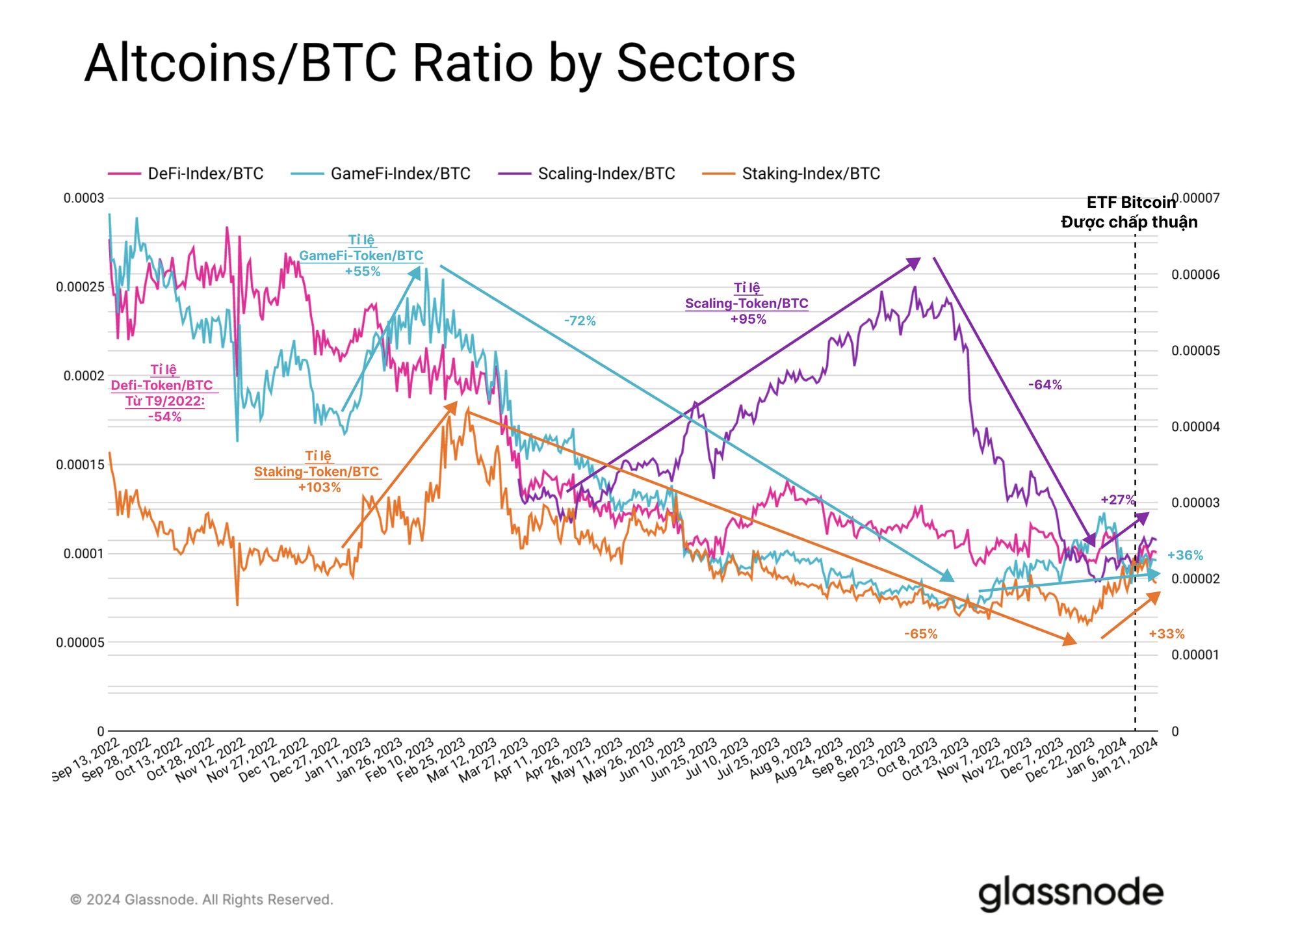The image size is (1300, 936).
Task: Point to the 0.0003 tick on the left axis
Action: tap(83, 198)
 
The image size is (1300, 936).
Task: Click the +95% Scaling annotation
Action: tap(748, 320)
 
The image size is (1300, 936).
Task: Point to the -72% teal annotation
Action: tap(580, 320)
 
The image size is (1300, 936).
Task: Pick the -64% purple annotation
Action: tap(1045, 385)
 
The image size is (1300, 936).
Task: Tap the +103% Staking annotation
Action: tap(319, 487)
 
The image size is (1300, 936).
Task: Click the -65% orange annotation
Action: tap(920, 634)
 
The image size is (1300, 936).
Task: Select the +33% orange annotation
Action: tap(1166, 634)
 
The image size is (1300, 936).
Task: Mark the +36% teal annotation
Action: tap(1185, 555)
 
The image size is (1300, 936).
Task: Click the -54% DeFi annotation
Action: tap(164, 417)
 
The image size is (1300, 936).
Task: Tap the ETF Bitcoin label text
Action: tap(1131, 203)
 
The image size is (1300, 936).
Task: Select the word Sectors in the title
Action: tap(705, 63)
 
